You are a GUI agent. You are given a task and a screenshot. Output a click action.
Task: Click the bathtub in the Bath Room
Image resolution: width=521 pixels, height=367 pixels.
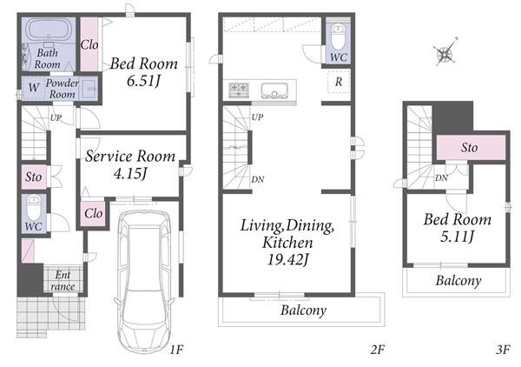tap(49, 30)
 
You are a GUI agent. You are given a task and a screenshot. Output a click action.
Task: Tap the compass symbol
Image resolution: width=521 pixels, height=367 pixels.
tap(445, 52)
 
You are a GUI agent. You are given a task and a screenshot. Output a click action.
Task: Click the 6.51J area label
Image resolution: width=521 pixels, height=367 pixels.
tap(143, 81)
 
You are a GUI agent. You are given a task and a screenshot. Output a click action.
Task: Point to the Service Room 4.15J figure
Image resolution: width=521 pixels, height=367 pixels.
tap(130, 174)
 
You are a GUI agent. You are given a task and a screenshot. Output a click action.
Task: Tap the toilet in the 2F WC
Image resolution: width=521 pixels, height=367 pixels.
tap(339, 37)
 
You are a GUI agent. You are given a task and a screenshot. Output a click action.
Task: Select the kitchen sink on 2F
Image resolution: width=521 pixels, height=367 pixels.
tap(274, 90)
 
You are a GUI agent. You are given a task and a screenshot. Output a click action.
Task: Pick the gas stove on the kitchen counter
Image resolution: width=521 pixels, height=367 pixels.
tap(239, 90)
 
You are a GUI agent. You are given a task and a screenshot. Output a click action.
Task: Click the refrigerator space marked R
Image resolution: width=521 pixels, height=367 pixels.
tap(339, 82)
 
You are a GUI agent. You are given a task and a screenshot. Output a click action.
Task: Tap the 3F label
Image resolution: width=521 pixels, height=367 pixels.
tap(503, 350)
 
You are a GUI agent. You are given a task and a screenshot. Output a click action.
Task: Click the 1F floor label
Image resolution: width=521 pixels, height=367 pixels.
tap(176, 350)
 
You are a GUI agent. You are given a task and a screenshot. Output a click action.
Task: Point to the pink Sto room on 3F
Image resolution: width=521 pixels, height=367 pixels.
tap(471, 147)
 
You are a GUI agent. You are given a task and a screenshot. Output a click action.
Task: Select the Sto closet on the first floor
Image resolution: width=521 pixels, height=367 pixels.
tap(34, 177)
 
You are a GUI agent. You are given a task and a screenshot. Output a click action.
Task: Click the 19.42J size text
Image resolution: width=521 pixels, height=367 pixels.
tap(288, 259)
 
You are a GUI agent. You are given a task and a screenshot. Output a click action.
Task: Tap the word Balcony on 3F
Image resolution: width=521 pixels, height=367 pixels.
tap(458, 281)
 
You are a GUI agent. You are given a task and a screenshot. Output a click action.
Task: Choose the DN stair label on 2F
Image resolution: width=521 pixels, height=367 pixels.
tap(258, 180)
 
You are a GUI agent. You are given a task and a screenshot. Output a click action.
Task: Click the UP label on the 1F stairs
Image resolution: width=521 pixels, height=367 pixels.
tap(56, 117)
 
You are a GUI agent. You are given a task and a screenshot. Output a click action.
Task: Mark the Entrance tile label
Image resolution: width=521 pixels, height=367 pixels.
tap(63, 281)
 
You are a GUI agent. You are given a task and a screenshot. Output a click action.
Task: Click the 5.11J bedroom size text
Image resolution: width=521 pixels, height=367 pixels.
tap(458, 237)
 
